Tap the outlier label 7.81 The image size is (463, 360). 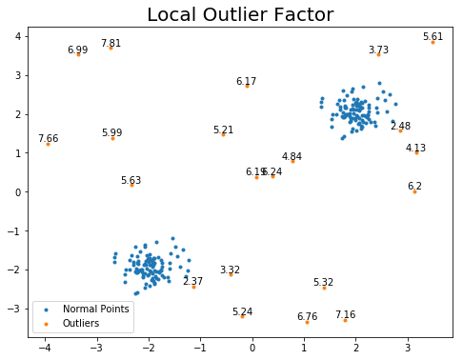pyautogui.click(x=111, y=43)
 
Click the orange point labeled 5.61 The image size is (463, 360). pyautogui.click(x=433, y=42)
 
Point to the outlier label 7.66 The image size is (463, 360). pyautogui.click(x=48, y=138)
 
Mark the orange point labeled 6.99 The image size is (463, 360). pyautogui.click(x=78, y=54)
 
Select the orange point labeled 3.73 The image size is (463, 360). pyautogui.click(x=378, y=54)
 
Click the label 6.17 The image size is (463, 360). pyautogui.click(x=246, y=81)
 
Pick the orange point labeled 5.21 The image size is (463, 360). pyautogui.click(x=223, y=134)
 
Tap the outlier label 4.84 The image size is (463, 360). pyautogui.click(x=292, y=156)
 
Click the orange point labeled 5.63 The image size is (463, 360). pyautogui.click(x=131, y=185)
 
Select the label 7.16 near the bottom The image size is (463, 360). pyautogui.click(x=345, y=314)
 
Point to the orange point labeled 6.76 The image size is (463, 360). pyautogui.click(x=307, y=322)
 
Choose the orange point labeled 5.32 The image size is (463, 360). pyautogui.click(x=324, y=287)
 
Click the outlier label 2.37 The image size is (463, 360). pyautogui.click(x=192, y=281)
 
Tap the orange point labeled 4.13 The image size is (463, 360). pyautogui.click(x=416, y=152)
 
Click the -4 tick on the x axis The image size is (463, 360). pyautogui.click(x=45, y=348)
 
